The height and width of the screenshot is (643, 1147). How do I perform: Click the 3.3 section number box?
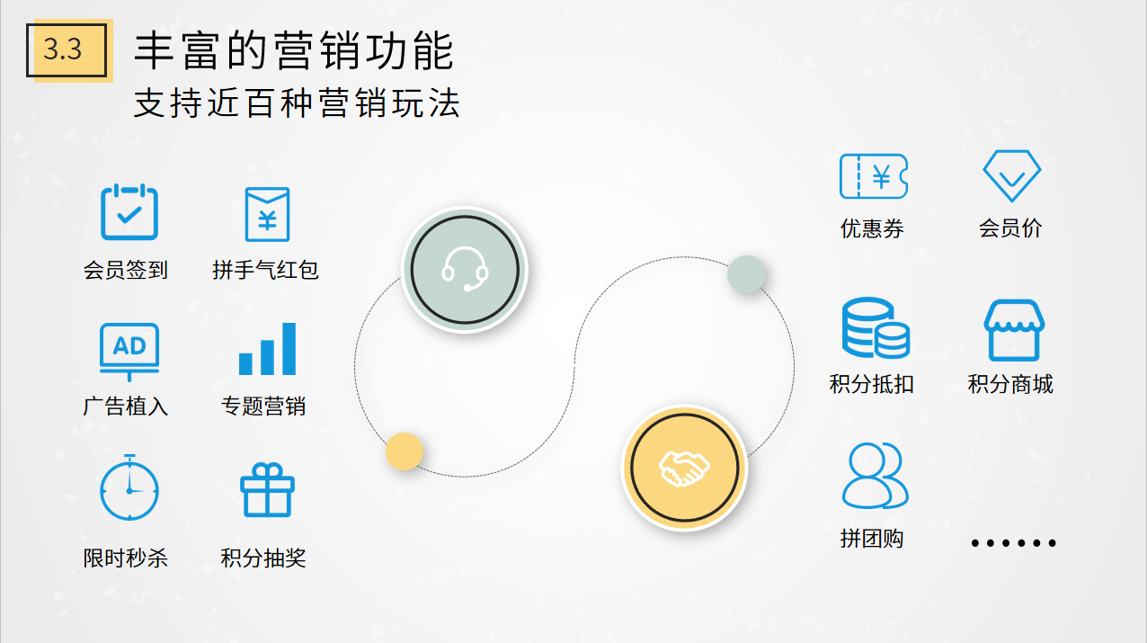point(67,49)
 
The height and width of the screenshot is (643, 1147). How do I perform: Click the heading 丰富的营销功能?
point(294,50)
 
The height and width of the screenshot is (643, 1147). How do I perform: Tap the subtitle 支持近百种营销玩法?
point(297,103)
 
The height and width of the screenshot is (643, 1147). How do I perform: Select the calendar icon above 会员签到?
point(129,211)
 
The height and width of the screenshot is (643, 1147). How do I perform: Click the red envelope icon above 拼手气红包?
point(267,214)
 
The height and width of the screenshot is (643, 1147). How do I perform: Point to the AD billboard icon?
point(129,352)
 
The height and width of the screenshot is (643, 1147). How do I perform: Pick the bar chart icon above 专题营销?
point(267,349)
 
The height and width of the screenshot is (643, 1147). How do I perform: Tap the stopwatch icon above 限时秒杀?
point(129,487)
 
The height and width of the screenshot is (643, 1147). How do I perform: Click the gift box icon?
point(267,490)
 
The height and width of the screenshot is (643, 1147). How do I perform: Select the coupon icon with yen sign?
point(874,176)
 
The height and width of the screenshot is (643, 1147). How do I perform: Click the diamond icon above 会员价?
point(1012,175)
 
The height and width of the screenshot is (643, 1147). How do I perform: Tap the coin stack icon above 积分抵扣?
point(876,327)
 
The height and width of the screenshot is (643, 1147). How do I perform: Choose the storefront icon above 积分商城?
point(1014,330)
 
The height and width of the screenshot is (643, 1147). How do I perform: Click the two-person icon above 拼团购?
point(876,476)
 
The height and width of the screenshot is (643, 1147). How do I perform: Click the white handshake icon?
point(684,468)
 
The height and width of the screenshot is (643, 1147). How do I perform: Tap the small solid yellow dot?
point(404,451)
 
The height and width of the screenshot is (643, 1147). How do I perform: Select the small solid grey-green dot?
point(747,274)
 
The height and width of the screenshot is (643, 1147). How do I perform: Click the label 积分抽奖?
point(263,558)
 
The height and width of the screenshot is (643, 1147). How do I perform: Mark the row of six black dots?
point(1013,543)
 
